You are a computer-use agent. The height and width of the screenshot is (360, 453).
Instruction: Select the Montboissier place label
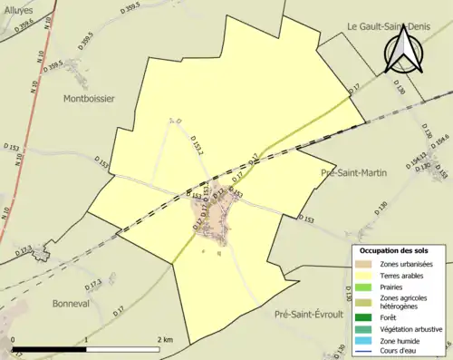(x=89, y=99)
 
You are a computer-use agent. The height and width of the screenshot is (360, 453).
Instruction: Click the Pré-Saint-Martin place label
(x=353, y=171)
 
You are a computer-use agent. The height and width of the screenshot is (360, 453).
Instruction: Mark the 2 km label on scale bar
(x=164, y=339)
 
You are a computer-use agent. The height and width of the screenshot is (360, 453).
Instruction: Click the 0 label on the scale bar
(x=14, y=339)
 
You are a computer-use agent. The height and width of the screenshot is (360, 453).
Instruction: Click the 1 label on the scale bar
(x=86, y=339)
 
